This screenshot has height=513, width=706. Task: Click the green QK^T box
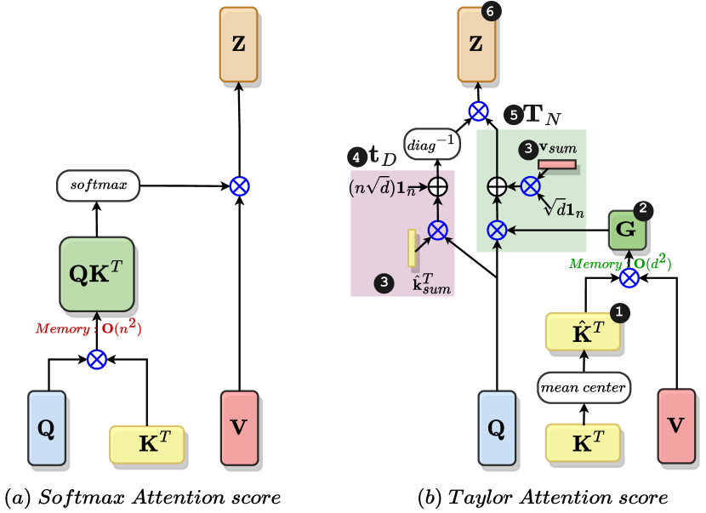(96, 274)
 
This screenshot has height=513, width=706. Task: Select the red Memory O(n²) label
(88, 328)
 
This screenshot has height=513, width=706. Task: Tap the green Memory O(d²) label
(620, 264)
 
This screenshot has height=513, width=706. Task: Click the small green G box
(626, 229)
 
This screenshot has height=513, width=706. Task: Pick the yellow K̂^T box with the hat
(582, 332)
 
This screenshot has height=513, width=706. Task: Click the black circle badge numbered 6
(491, 11)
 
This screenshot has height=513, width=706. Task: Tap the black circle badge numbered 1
(619, 312)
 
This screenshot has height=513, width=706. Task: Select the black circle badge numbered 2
(643, 208)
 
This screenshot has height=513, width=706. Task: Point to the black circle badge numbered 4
(357, 157)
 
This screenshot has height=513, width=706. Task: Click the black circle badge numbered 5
(513, 115)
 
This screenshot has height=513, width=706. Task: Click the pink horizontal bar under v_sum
(556, 164)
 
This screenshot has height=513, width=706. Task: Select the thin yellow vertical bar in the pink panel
(412, 248)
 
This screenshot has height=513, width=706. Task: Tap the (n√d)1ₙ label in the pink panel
(382, 187)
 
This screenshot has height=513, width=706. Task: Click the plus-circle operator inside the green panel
(497, 186)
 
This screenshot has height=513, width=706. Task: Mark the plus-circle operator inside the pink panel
(437, 186)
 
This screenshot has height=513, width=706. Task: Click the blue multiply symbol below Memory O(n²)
(97, 360)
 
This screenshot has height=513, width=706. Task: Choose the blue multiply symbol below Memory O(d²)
(629, 278)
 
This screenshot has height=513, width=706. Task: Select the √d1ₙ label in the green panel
(564, 207)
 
